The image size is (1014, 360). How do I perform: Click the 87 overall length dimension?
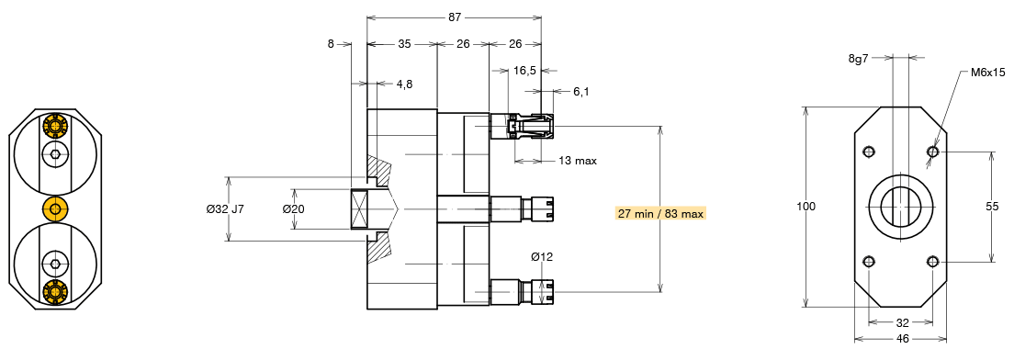coord(454,18)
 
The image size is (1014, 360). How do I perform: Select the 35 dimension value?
coord(404,44)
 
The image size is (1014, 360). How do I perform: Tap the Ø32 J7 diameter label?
coord(225,208)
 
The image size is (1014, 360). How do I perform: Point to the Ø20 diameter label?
coord(293,208)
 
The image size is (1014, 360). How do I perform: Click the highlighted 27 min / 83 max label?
coord(660,213)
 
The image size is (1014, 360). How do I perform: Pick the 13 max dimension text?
coord(578,161)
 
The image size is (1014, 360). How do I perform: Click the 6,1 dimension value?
coord(580,92)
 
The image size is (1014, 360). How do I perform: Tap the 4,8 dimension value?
coord(404,84)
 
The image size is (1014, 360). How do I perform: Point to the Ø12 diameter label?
coord(542,256)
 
